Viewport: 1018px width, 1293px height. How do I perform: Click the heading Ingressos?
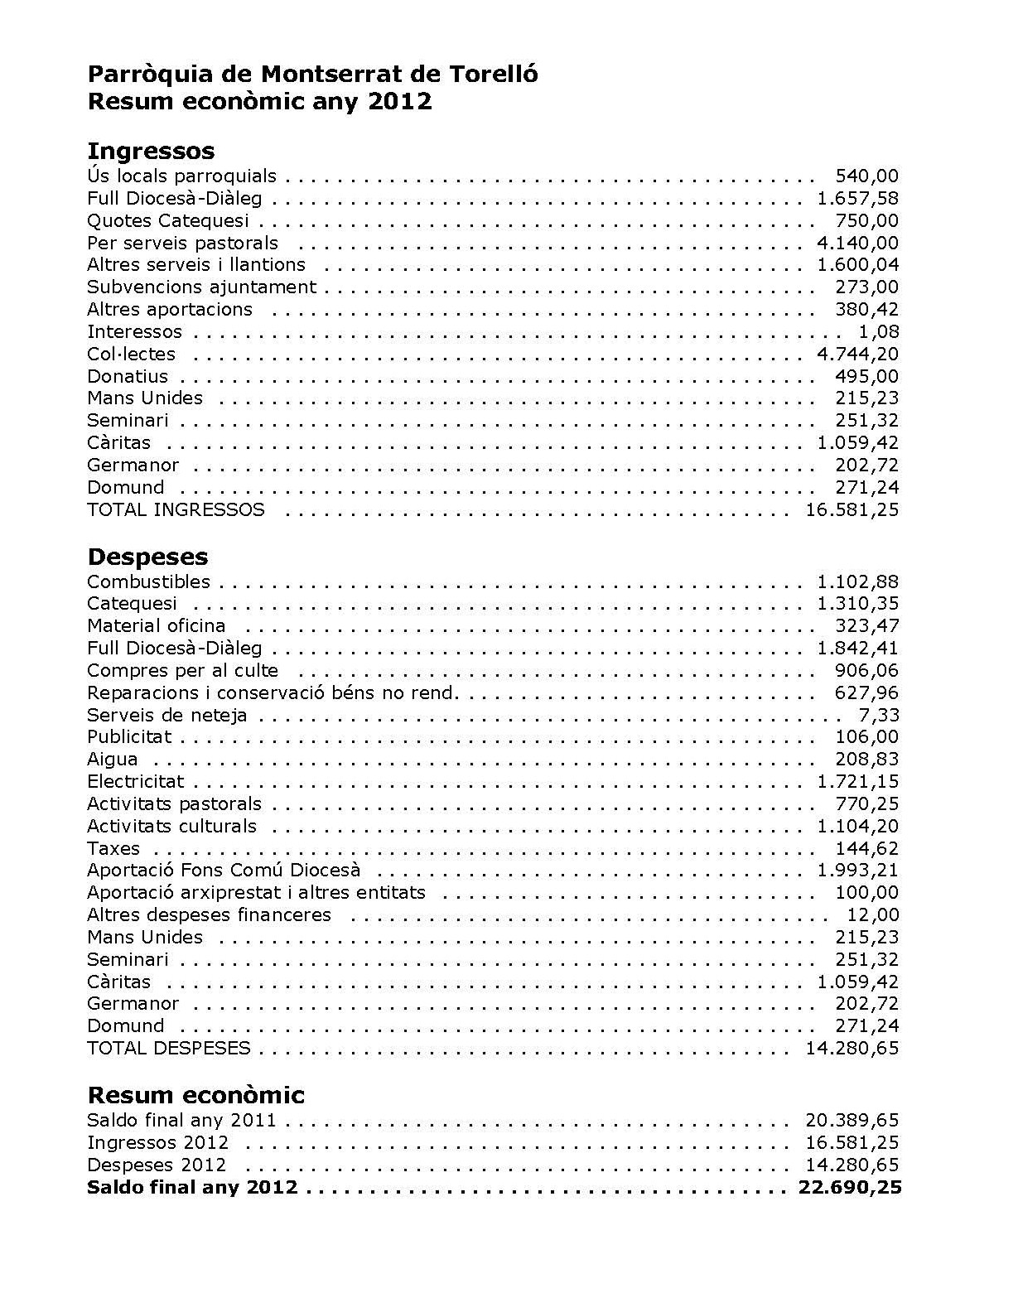point(150,151)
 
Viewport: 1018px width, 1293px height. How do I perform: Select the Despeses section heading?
point(147,557)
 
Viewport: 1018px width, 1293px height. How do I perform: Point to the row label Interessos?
point(134,332)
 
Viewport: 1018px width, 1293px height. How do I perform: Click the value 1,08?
point(880,332)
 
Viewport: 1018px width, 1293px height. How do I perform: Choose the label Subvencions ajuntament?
point(201,287)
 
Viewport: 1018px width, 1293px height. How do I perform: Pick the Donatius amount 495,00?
point(866,377)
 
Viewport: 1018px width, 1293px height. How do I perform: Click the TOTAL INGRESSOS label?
point(176,510)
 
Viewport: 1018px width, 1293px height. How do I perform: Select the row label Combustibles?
point(148,582)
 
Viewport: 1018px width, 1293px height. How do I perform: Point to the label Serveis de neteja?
point(166,716)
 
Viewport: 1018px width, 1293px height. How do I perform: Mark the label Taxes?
point(113,849)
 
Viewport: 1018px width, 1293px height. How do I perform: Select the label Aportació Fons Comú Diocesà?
point(224,871)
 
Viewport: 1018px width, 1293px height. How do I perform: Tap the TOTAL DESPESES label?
point(168,1049)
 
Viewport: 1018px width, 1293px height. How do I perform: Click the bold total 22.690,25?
point(849,1188)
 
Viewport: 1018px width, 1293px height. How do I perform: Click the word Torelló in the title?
point(494,75)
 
